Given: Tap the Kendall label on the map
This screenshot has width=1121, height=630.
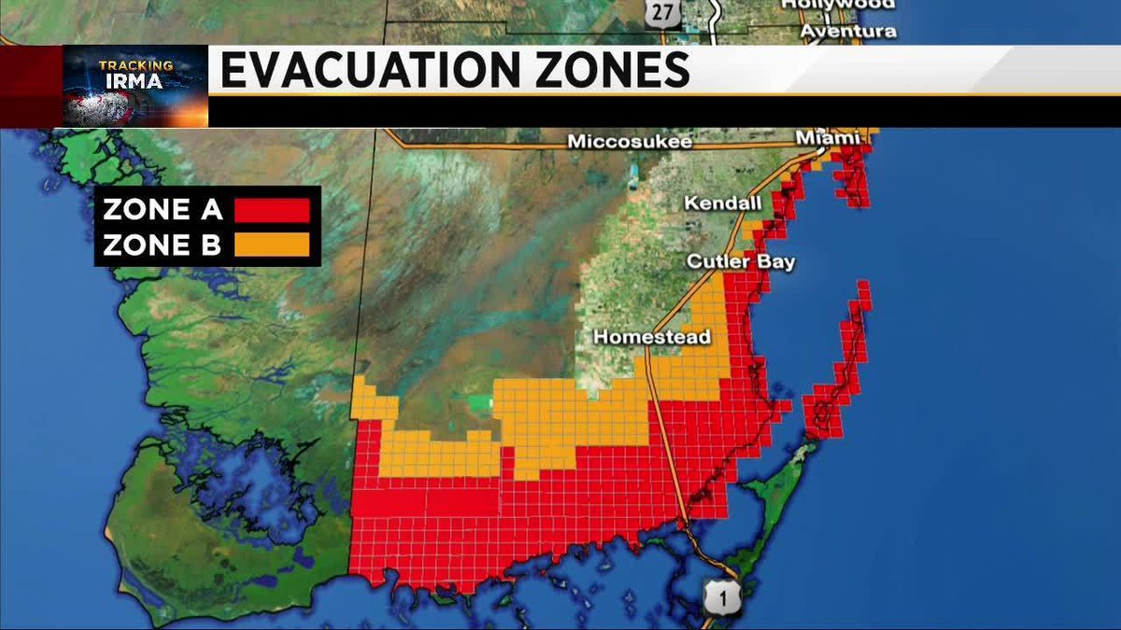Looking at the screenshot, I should pyautogui.click(x=723, y=203).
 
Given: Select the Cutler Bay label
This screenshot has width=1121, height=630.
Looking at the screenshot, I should pyautogui.click(x=741, y=261).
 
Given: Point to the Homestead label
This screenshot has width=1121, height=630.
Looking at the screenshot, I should pyautogui.click(x=653, y=336).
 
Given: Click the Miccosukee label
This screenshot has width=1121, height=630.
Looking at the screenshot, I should pyautogui.click(x=631, y=142).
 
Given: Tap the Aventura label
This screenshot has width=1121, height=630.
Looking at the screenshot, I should pyautogui.click(x=848, y=31).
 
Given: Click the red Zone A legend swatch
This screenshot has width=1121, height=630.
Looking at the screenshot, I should pyautogui.click(x=271, y=210).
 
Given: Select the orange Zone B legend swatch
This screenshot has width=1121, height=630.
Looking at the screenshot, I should pyautogui.click(x=271, y=245).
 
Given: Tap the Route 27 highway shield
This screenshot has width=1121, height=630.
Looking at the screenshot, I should pyautogui.click(x=661, y=12).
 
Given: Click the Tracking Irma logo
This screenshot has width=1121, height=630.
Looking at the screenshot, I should pyautogui.click(x=135, y=86).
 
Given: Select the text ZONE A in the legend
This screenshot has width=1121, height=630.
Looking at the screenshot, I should pyautogui.click(x=163, y=210).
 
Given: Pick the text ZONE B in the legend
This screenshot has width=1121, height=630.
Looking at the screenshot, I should pyautogui.click(x=163, y=245).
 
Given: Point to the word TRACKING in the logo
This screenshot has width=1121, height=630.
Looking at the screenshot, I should pyautogui.click(x=136, y=65).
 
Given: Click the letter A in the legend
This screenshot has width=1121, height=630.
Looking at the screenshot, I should pyautogui.click(x=211, y=210).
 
